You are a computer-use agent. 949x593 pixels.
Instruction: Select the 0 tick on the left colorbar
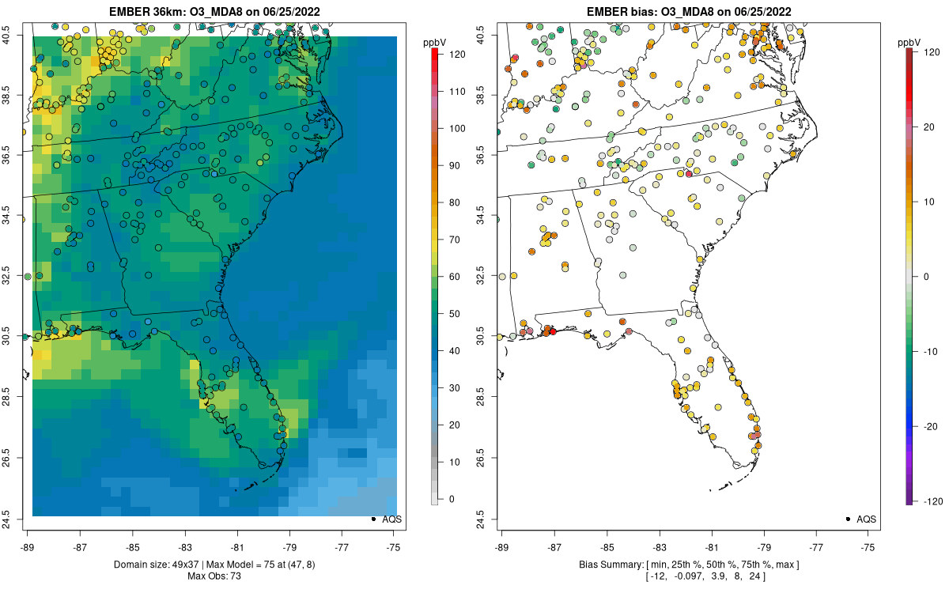(450, 499)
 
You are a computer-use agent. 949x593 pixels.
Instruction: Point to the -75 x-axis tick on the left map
(394, 546)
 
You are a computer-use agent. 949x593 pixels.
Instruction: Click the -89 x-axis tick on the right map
(502, 546)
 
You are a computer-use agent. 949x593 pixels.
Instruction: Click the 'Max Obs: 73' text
(214, 576)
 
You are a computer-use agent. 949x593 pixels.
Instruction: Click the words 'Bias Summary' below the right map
(606, 565)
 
